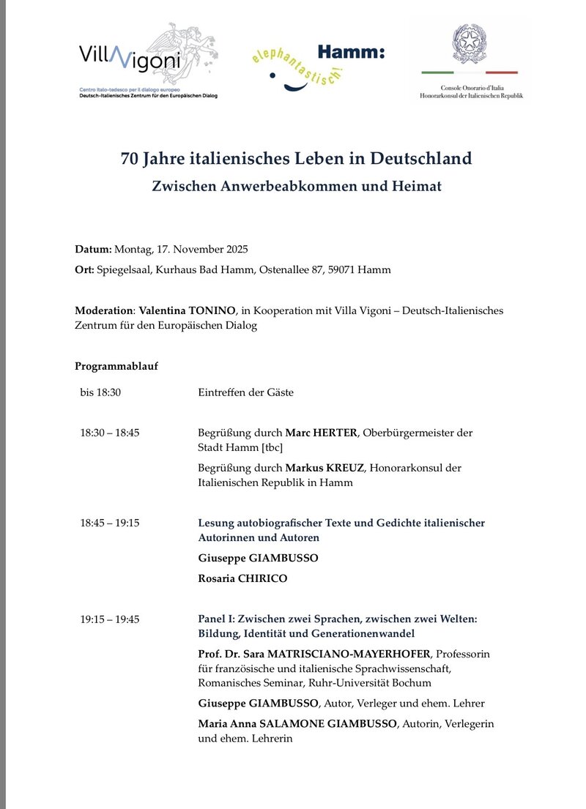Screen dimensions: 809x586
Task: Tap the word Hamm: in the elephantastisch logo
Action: point(351,52)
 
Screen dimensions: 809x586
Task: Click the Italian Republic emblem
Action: point(470,44)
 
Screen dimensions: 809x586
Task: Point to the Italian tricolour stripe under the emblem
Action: point(470,73)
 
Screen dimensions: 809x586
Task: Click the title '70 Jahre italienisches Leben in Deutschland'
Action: point(297,159)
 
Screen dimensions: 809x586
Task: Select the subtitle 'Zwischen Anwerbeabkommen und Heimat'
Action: point(297,187)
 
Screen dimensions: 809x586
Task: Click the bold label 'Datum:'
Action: point(94,249)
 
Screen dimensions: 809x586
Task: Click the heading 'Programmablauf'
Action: point(116,366)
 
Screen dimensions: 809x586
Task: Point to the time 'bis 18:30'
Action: point(100,392)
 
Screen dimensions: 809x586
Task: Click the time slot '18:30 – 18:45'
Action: point(110,433)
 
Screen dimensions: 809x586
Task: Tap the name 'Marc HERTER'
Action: point(321,433)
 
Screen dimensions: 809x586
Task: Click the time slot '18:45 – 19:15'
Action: point(110,523)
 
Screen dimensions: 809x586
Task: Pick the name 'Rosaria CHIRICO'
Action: point(242,578)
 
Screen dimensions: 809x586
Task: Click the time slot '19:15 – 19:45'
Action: point(110,619)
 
